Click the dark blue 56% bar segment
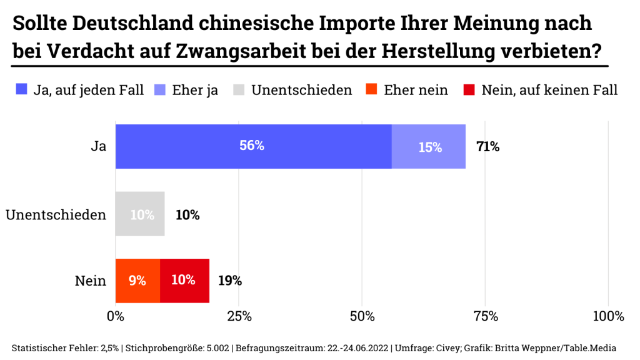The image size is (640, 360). (x=253, y=146)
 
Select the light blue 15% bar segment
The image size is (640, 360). (x=429, y=146)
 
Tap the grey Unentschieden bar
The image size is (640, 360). (x=140, y=214)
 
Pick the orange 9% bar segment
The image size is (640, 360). (x=137, y=281)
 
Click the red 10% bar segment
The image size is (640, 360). (x=184, y=281)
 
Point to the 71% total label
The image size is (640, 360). (x=487, y=147)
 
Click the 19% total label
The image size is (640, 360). (x=229, y=281)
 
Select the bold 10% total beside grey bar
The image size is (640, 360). (x=187, y=215)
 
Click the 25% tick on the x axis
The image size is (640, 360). (x=239, y=316)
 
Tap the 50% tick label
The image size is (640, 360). (x=362, y=316)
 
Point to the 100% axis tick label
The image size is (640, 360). (x=608, y=316)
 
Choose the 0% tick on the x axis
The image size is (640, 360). (x=116, y=316)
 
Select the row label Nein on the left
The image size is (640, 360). (x=90, y=281)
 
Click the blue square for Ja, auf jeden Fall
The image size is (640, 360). (x=22, y=89)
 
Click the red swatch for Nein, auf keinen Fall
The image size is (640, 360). (x=469, y=89)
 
